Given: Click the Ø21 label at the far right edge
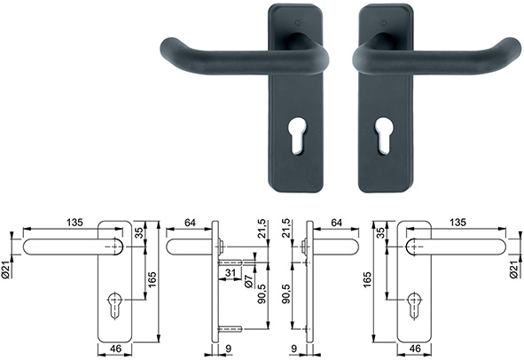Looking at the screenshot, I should pyautogui.click(x=516, y=269).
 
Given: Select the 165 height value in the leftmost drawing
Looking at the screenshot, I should pyautogui.click(x=152, y=280).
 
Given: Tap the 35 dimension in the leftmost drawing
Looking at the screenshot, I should pyautogui.click(x=139, y=234).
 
